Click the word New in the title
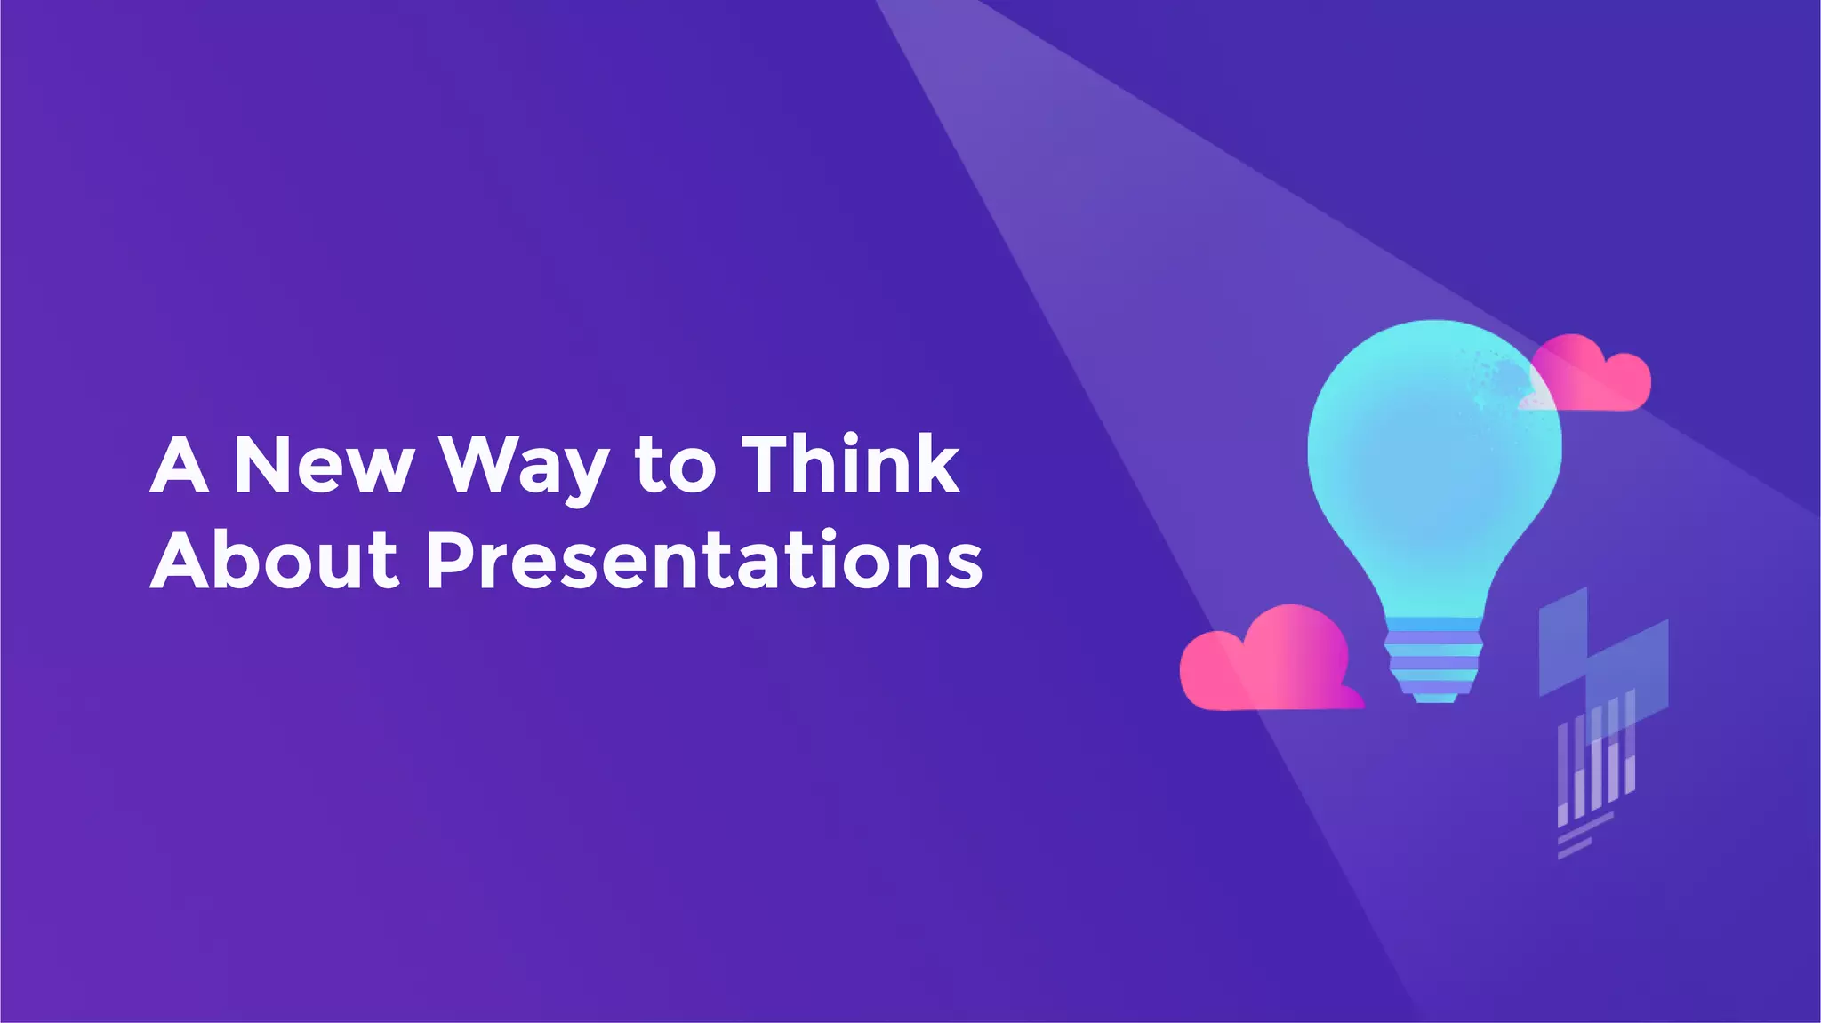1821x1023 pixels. coord(324,465)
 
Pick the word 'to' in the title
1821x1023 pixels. coord(675,468)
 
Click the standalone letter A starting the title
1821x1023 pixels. coord(180,465)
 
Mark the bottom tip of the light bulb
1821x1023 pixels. coord(1434,699)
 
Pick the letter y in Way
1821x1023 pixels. coord(588,476)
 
